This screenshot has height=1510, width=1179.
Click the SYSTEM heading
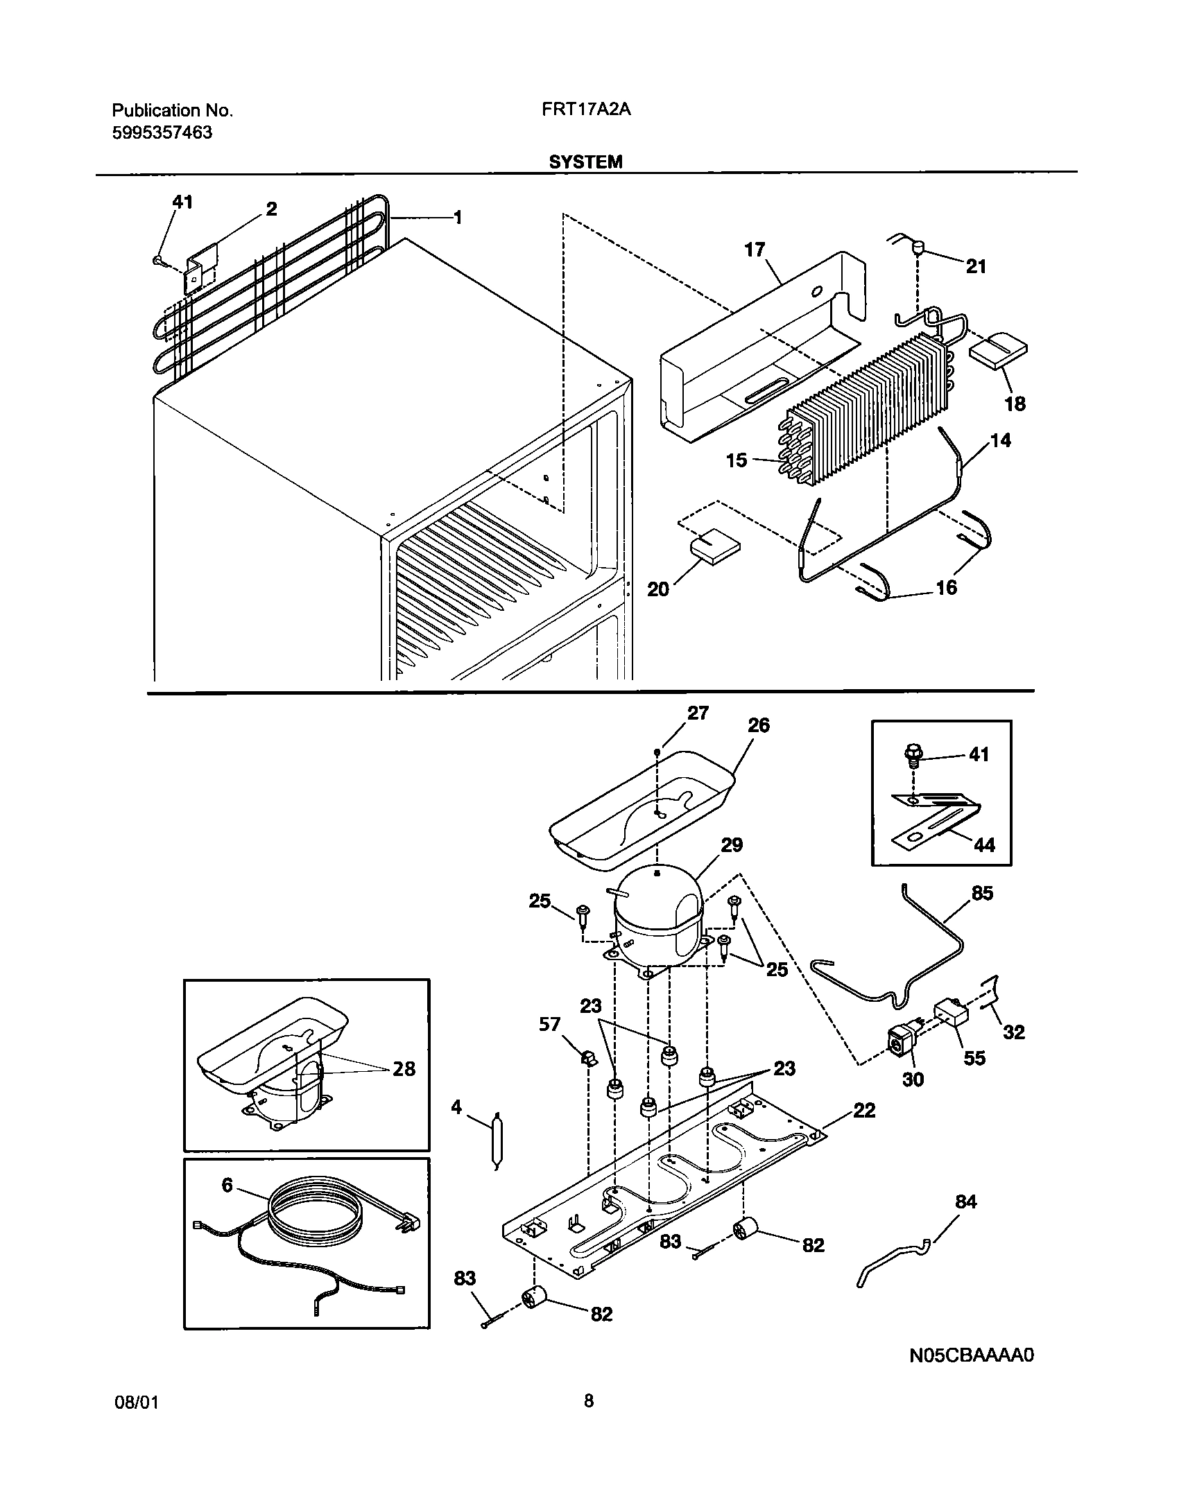point(585,162)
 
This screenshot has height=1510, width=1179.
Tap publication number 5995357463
point(162,132)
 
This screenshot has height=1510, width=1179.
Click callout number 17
point(755,249)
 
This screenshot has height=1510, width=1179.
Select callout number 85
point(982,894)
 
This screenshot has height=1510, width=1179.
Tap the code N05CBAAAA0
point(972,1355)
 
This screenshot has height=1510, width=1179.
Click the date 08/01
point(136,1423)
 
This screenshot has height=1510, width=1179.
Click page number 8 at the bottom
point(588,1421)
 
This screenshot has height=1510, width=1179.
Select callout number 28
point(404,1068)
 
